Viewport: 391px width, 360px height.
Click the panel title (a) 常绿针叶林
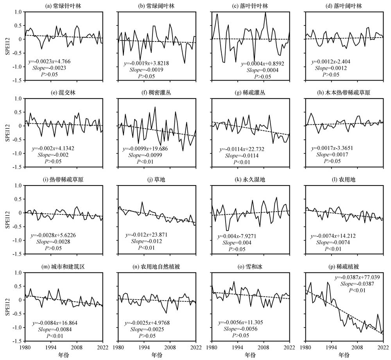[64, 6]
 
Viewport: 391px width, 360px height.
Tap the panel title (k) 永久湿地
[250, 180]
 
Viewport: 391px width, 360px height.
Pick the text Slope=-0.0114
[240, 156]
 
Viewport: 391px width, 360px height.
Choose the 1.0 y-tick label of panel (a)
[18, 12]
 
